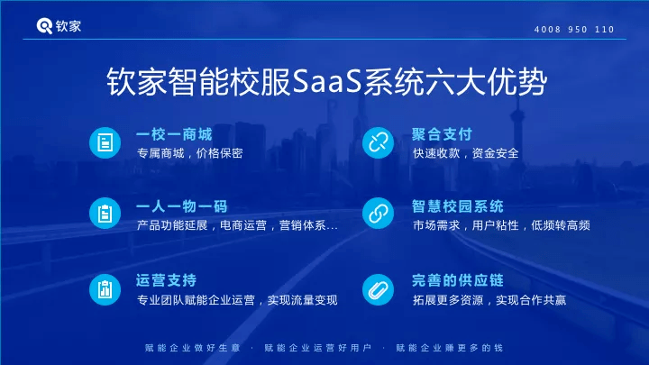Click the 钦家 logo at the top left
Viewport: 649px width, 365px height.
[59, 26]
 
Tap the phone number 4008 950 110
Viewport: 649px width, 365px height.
[574, 30]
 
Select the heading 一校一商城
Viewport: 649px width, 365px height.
[174, 134]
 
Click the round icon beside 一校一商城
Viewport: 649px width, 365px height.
[105, 142]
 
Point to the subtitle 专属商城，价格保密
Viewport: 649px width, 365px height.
[189, 153]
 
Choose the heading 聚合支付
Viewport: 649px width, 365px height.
[442, 134]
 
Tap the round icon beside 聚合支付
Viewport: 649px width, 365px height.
[378, 142]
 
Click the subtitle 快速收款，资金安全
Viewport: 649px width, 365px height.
[466, 153]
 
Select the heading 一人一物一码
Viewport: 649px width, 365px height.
[182, 206]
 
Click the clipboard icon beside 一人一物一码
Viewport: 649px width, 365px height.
[105, 214]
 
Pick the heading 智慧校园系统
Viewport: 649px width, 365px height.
[457, 206]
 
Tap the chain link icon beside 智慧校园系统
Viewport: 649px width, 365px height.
[378, 214]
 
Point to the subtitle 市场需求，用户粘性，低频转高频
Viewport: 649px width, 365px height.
[501, 225]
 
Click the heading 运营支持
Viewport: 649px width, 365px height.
[167, 280]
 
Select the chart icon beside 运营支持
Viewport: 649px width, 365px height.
[105, 289]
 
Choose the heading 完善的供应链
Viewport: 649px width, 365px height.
[457, 280]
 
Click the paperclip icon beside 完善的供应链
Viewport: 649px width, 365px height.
[378, 289]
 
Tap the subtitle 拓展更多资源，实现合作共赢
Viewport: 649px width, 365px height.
[489, 300]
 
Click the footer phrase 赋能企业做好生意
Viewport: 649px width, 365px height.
[193, 348]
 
